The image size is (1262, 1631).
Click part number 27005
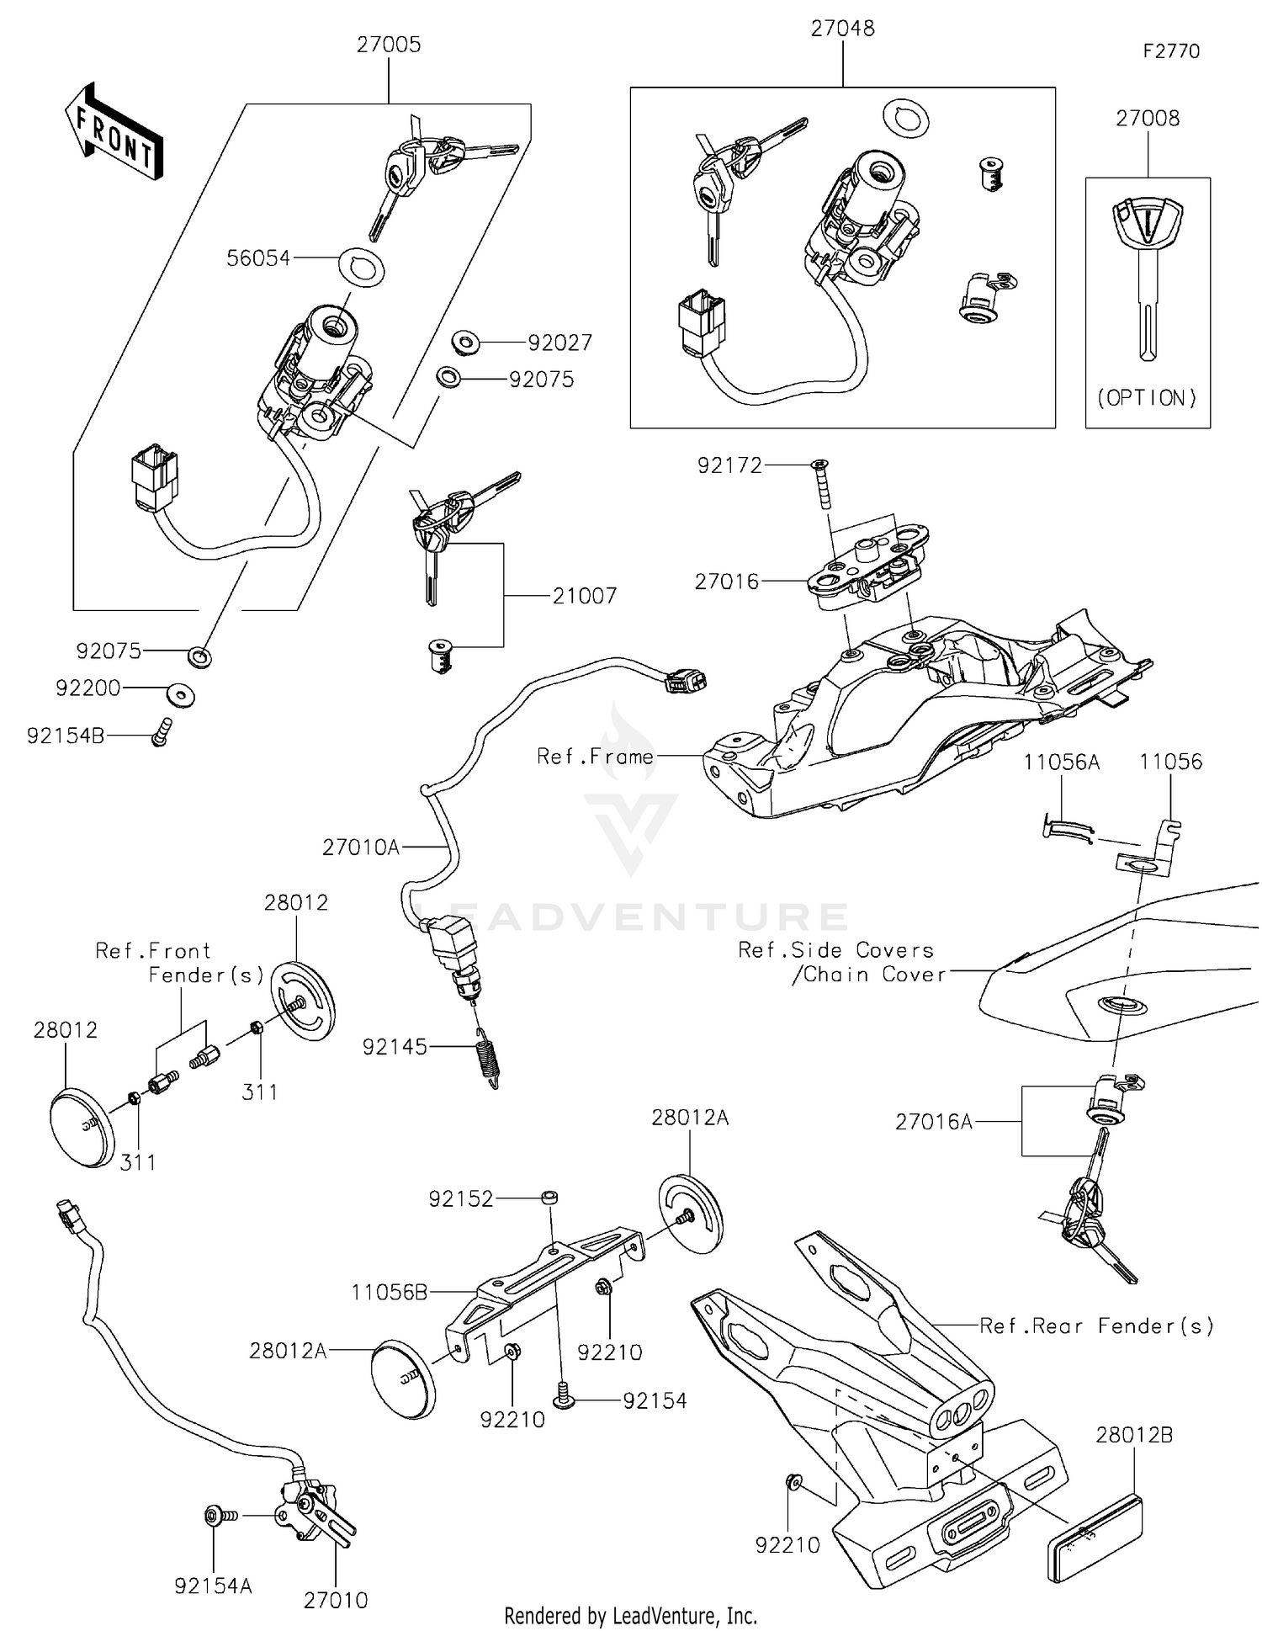click(x=388, y=45)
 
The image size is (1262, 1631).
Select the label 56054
click(x=258, y=258)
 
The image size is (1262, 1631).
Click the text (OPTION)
click(x=1147, y=397)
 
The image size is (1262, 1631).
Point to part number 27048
click(x=842, y=28)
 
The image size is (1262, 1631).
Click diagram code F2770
click(x=1170, y=51)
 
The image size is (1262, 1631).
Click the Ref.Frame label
click(x=595, y=757)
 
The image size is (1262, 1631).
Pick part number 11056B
click(x=390, y=1292)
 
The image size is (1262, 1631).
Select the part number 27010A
click(x=361, y=847)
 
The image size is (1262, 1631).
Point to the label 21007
click(x=585, y=596)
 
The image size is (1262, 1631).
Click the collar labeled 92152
click(x=550, y=1197)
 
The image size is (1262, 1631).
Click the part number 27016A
click(x=934, y=1122)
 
